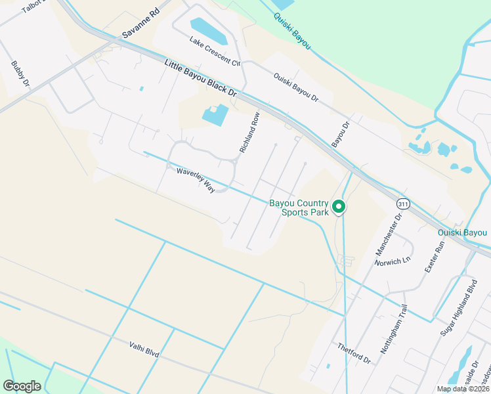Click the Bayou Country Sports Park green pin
[x=339, y=207]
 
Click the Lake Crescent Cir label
[x=215, y=51]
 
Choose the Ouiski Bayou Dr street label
[x=295, y=87]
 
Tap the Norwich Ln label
[x=393, y=261]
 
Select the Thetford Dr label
[x=354, y=353]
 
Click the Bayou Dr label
[x=339, y=133]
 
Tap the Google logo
[x=22, y=386]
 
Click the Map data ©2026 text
[x=463, y=389]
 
